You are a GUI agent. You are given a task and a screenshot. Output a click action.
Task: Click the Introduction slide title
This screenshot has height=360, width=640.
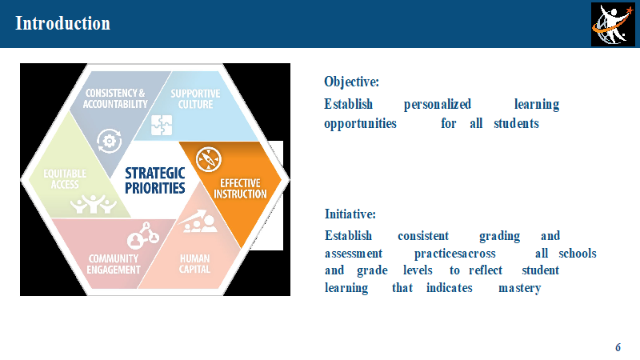pyautogui.click(x=62, y=23)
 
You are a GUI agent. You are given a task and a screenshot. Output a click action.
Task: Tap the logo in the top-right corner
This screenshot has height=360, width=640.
pyautogui.click(x=613, y=24)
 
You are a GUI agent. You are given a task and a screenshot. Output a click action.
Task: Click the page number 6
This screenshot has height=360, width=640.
pyautogui.click(x=618, y=347)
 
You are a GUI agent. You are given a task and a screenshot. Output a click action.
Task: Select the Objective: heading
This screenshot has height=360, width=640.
pyautogui.click(x=351, y=82)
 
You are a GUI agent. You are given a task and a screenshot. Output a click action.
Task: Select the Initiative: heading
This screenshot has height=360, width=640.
pyautogui.click(x=350, y=214)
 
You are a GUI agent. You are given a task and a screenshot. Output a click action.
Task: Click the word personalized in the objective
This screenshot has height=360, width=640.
pyautogui.click(x=438, y=105)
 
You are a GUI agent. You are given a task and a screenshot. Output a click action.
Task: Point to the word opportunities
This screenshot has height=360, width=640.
pyautogui.click(x=360, y=124)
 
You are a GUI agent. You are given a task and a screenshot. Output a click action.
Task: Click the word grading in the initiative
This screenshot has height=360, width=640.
pyautogui.click(x=499, y=236)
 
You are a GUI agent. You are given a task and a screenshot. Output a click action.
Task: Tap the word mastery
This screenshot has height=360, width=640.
pyautogui.click(x=519, y=288)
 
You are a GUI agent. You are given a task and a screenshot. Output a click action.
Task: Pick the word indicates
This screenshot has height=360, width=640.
pyautogui.click(x=450, y=288)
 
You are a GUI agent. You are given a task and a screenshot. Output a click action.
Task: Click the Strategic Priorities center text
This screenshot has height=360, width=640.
pyautogui.click(x=155, y=181)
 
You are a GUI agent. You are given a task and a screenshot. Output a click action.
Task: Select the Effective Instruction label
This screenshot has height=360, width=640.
pyautogui.click(x=241, y=189)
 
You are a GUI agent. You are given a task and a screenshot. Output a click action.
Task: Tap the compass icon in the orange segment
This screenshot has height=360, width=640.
pyautogui.click(x=209, y=159)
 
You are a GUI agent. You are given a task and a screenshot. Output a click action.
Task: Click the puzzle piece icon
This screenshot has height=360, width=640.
pyautogui.click(x=162, y=125)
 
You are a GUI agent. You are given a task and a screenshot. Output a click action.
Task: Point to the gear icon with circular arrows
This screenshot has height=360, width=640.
pyautogui.click(x=110, y=142)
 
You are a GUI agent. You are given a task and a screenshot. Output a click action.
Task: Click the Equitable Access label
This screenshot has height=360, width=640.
pyautogui.click(x=65, y=179)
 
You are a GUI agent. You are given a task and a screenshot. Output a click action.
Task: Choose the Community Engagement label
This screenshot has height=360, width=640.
pyautogui.click(x=114, y=264)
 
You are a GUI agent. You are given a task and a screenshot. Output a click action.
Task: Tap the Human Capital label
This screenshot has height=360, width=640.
pyautogui.click(x=194, y=264)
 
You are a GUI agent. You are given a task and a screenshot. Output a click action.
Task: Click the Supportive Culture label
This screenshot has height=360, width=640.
pyautogui.click(x=195, y=99)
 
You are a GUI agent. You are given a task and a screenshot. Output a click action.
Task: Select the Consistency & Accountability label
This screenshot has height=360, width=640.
pyautogui.click(x=115, y=98)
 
